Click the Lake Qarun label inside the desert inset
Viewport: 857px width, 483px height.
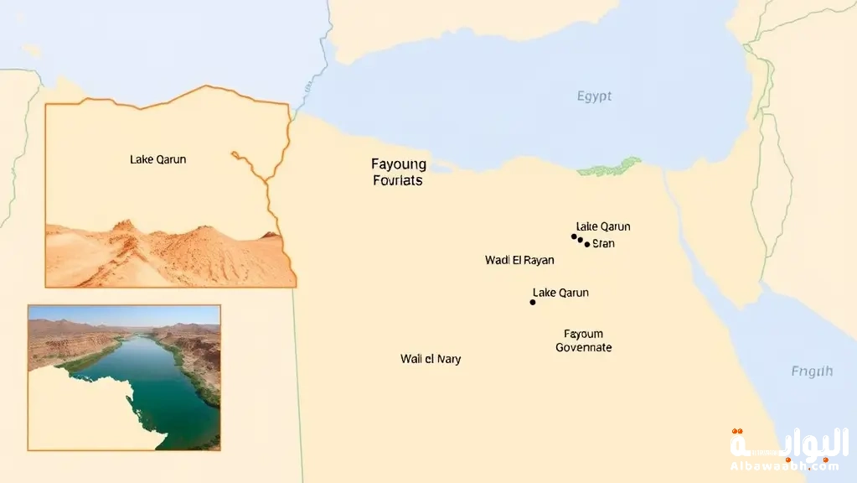point(158,159)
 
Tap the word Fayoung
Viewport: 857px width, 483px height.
point(399,164)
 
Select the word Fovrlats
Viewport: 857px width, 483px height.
point(397,180)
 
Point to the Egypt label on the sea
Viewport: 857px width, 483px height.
point(594,96)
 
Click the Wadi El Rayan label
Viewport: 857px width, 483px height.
point(519,260)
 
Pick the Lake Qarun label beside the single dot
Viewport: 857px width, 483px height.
point(560,293)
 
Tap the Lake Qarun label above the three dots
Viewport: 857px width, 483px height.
point(603,226)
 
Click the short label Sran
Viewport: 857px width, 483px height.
point(603,244)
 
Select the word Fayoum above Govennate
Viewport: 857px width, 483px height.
point(583,334)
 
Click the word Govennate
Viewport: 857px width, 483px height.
point(583,347)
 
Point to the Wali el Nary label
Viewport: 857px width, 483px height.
point(431,359)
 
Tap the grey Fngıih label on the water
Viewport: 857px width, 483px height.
point(812,371)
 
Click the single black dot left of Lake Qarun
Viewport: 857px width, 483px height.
point(533,302)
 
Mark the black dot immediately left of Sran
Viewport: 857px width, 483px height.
point(587,244)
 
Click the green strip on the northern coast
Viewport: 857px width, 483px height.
point(609,167)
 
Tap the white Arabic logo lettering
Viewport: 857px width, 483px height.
point(788,444)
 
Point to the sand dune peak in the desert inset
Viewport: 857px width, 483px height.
point(124,225)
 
